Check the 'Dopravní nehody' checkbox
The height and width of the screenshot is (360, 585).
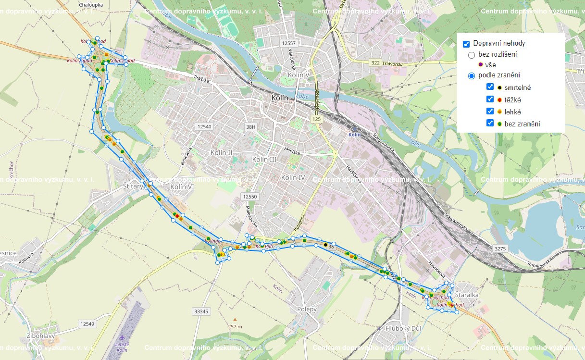[466, 44]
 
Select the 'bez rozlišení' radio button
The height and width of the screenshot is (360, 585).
[472, 55]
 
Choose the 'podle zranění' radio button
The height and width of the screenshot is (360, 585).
[472, 75]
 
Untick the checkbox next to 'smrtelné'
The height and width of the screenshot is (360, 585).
[490, 87]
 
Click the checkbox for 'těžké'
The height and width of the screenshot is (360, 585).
[490, 99]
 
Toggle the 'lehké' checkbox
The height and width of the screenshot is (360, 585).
[490, 111]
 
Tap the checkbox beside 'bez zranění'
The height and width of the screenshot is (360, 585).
[490, 123]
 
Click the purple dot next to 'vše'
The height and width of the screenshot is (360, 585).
[481, 64]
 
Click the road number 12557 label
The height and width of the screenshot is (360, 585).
[290, 43]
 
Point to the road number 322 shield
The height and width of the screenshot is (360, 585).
[376, 62]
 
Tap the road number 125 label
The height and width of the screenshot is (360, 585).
[316, 118]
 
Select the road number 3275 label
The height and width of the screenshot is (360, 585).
[500, 248]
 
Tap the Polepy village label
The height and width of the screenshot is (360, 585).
[307, 309]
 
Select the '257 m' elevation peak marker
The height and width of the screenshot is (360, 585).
[235, 319]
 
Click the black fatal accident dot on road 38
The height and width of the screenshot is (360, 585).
[325, 245]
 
